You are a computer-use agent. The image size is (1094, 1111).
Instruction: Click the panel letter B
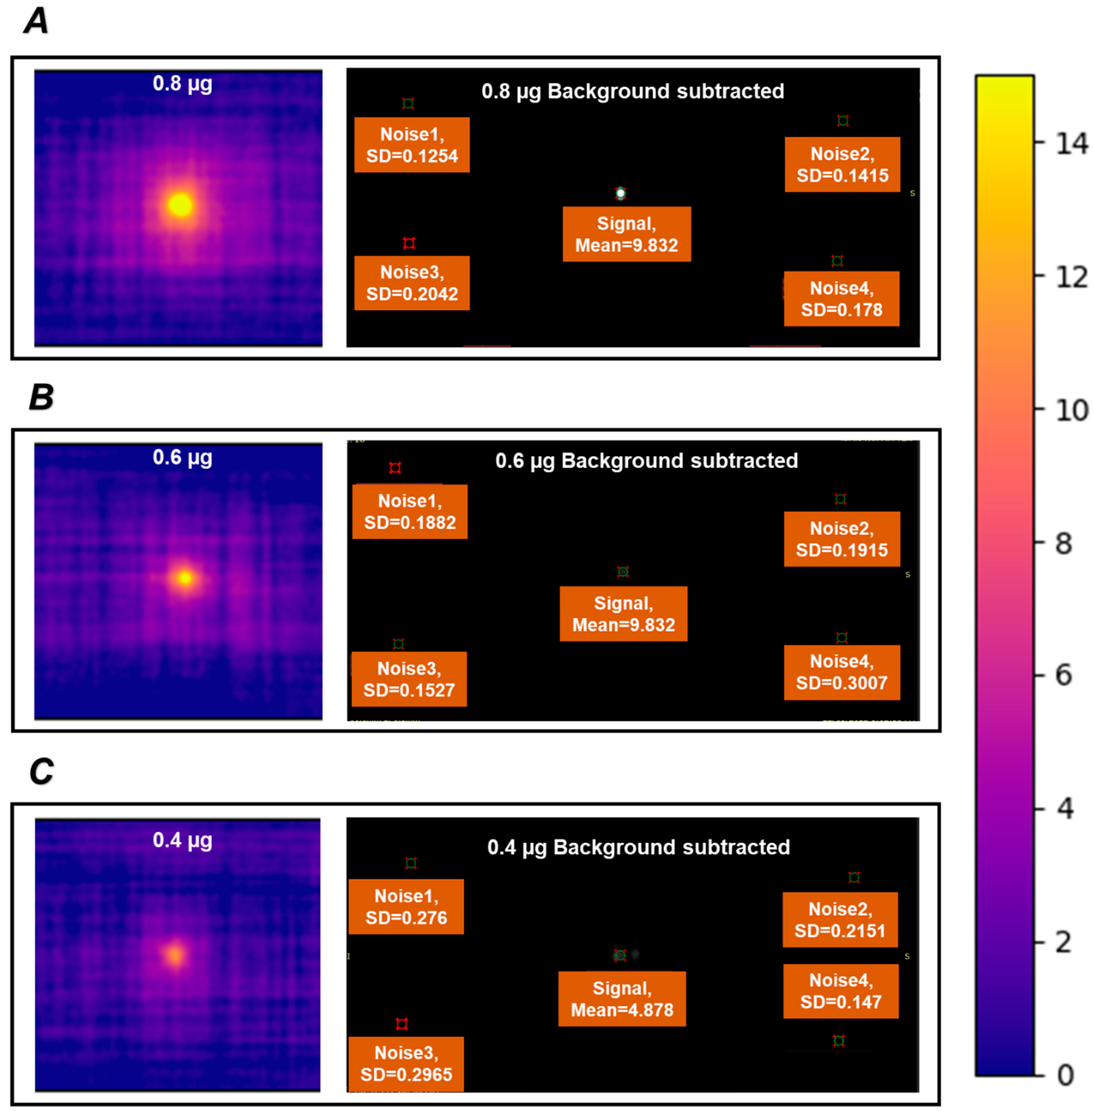click(41, 397)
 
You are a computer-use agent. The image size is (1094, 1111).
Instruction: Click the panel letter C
click(41, 771)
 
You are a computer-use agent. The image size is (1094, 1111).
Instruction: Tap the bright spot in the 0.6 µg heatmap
click(185, 578)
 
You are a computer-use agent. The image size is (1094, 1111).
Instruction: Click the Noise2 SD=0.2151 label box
click(840, 920)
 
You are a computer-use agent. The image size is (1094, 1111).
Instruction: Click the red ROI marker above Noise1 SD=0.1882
click(395, 468)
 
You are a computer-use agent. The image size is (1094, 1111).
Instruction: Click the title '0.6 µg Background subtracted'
click(646, 460)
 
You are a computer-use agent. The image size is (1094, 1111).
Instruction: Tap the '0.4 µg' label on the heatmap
click(182, 840)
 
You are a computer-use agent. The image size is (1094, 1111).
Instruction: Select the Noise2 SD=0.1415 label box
click(842, 164)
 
